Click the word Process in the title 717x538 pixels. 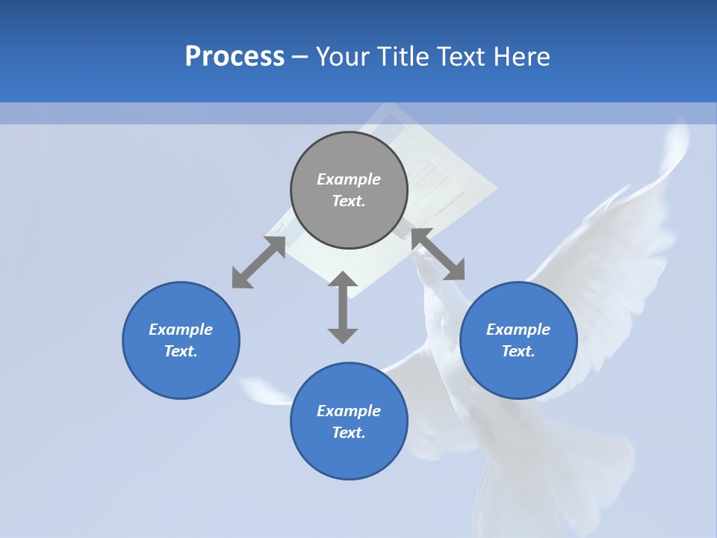point(235,57)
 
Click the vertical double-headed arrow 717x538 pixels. point(343,308)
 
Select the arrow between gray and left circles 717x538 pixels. point(258,262)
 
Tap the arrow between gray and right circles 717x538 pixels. point(438,254)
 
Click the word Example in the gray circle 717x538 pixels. point(349,179)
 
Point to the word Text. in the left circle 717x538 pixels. point(181,351)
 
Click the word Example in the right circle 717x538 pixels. point(518,330)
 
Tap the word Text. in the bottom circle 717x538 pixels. point(349,433)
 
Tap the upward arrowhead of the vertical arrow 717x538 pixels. point(343,279)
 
